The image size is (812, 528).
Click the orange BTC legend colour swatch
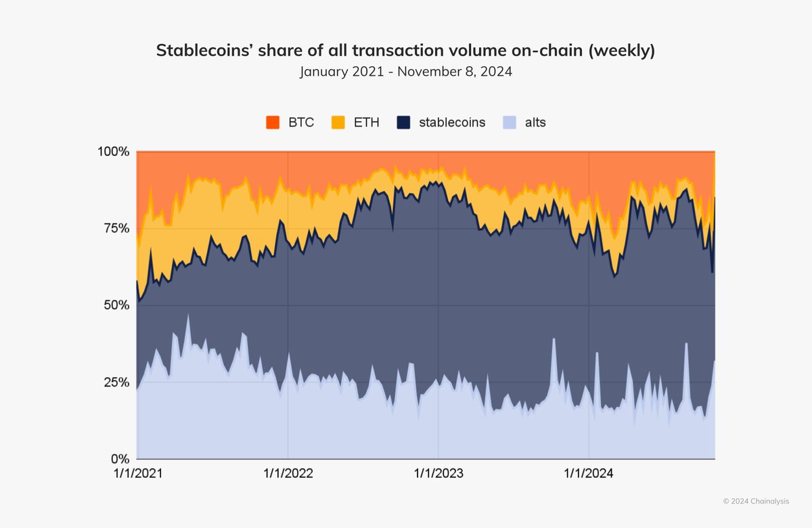point(273,123)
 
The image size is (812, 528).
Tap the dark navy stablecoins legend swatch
point(403,123)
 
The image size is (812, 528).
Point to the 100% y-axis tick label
point(113,152)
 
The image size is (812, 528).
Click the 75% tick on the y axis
point(116,228)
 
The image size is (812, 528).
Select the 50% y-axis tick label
point(116,305)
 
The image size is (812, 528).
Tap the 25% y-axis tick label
point(116,382)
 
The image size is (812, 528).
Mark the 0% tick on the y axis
point(118,459)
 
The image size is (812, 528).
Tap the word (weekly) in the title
point(621,51)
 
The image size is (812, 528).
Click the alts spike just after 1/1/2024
point(597,353)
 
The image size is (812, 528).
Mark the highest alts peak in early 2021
point(187,315)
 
